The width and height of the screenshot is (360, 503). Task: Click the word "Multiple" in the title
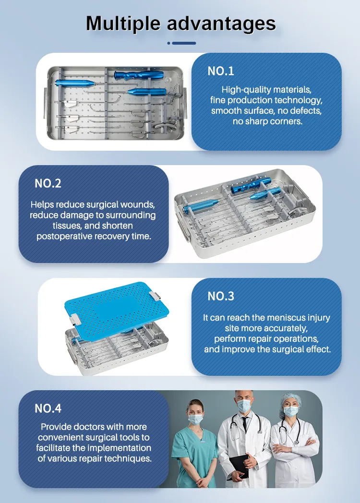[123, 24]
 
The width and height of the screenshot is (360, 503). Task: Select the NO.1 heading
[221, 71]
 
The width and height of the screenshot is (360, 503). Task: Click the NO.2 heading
[48, 183]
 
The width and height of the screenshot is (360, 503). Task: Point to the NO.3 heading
[221, 296]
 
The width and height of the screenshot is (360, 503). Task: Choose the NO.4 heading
[48, 408]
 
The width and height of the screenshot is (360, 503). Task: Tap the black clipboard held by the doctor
[239, 467]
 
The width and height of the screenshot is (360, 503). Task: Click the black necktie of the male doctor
[245, 424]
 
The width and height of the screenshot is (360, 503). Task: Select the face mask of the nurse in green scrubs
[195, 419]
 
